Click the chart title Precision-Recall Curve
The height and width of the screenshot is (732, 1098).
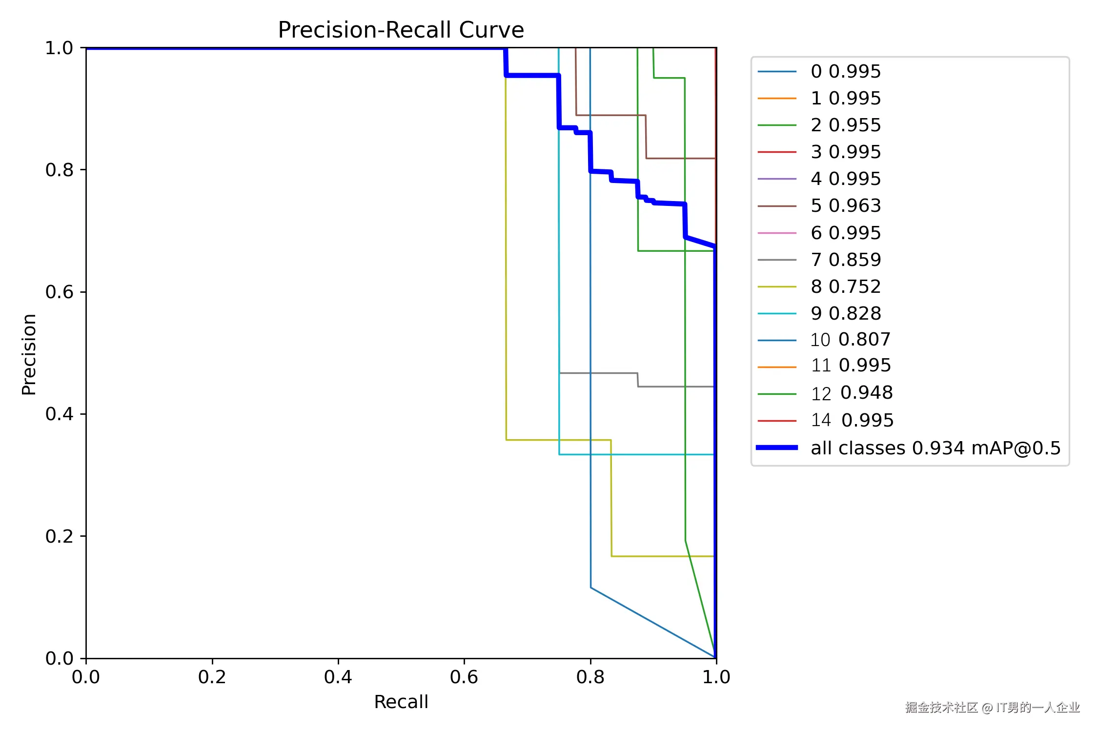tap(401, 30)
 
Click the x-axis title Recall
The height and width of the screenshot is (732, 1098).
tap(401, 702)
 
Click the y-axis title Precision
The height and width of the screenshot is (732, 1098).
tap(29, 354)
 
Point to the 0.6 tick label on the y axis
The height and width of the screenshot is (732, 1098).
tap(59, 292)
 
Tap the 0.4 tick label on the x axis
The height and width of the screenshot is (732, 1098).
tap(338, 677)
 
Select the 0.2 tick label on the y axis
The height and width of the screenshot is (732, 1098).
tap(59, 536)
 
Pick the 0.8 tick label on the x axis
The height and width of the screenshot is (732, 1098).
tap(590, 677)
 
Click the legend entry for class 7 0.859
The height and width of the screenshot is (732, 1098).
tap(819, 260)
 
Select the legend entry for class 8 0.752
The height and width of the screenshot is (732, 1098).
tap(819, 286)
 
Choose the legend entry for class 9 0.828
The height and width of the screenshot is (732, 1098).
tap(819, 313)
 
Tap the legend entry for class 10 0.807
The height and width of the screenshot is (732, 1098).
tap(824, 340)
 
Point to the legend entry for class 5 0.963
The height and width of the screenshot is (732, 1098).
tap(819, 206)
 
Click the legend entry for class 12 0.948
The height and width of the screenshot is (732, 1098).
tap(825, 393)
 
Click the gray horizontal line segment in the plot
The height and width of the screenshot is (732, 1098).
tap(676, 386)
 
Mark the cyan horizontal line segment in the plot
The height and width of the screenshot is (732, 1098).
tap(637, 454)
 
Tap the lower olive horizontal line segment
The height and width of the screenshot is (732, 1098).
tap(663, 556)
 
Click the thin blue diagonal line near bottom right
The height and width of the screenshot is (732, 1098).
tap(653, 623)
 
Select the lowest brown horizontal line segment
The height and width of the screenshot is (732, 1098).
tap(681, 158)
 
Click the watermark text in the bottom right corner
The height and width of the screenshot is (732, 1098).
tap(993, 708)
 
